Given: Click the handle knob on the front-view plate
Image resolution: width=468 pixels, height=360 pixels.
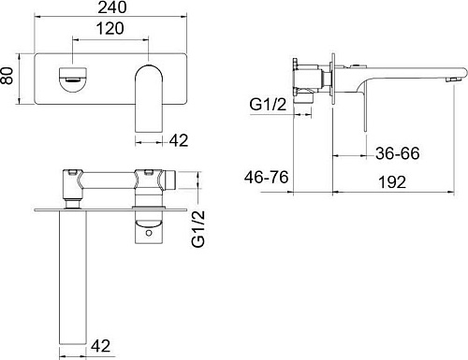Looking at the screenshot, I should pyautogui.click(x=71, y=78).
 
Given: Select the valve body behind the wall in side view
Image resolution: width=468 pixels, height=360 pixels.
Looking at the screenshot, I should pyautogui.click(x=301, y=79).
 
